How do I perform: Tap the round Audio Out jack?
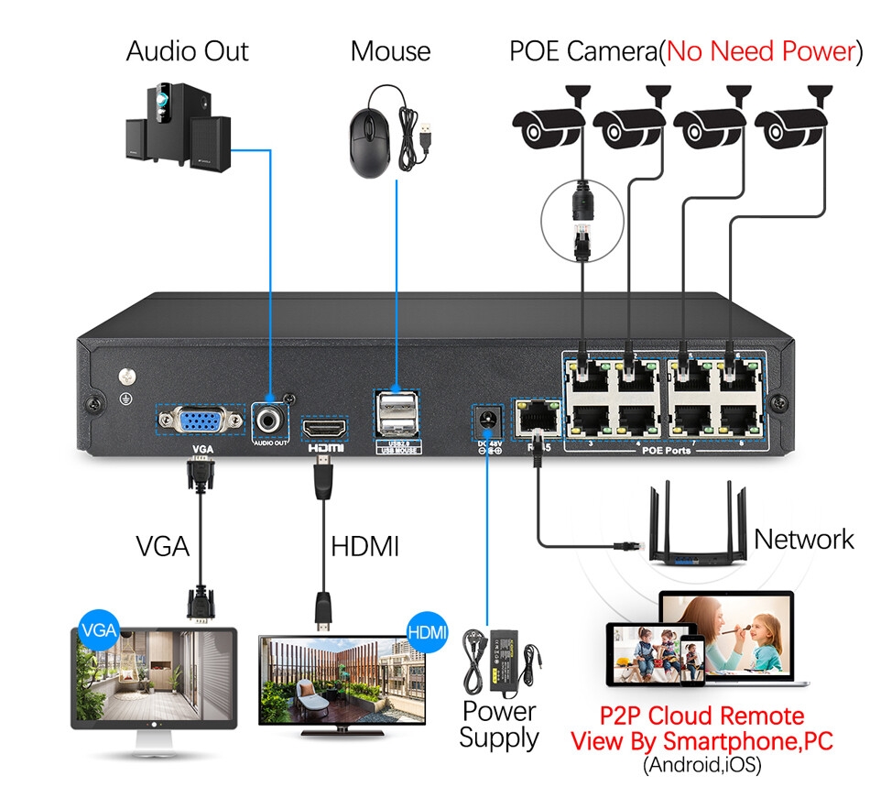(270, 421)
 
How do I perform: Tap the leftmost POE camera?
(547, 126)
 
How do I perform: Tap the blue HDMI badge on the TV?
(426, 632)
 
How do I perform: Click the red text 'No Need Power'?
(759, 51)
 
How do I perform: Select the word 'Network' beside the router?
(803, 539)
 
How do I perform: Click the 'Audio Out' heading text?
(187, 51)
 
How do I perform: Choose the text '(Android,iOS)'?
(701, 764)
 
